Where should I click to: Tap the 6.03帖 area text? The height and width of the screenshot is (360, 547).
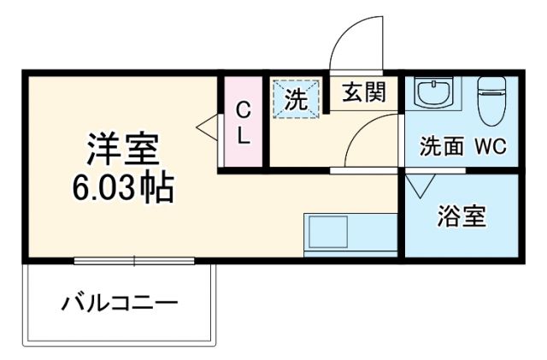(122, 187)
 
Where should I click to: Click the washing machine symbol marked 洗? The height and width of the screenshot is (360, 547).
(296, 97)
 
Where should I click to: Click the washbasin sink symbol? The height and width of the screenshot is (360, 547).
(435, 91)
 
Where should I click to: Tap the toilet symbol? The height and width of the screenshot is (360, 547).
(492, 101)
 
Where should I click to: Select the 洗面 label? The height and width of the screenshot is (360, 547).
(441, 146)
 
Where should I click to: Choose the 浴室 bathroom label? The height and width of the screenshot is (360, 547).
(462, 216)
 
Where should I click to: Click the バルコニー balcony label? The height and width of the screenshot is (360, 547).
(120, 303)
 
